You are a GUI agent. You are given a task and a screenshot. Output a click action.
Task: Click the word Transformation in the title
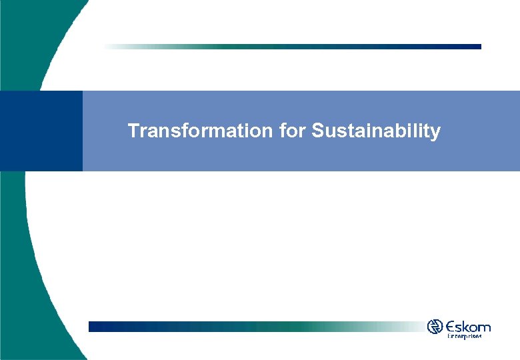coord(200,131)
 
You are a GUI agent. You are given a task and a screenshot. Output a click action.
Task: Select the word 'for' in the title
coord(291,131)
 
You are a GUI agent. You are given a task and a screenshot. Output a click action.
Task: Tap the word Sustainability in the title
coord(375,131)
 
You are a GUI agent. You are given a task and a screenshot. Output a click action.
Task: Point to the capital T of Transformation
coord(133,131)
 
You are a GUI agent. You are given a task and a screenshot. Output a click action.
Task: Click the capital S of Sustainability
coord(317,131)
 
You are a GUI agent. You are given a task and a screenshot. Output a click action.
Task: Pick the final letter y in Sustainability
coord(436,133)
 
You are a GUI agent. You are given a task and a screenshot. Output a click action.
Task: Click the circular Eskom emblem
coord(435,327)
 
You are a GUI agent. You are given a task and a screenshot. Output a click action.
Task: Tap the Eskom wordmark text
coord(469,327)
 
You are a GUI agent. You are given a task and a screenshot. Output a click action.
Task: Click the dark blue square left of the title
coord(41,131)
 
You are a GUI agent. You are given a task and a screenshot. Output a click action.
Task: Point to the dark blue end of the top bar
coord(467,47)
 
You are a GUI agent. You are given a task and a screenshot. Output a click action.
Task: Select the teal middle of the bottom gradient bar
coord(280,327)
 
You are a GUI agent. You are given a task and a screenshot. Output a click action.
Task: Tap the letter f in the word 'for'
coord(283,131)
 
